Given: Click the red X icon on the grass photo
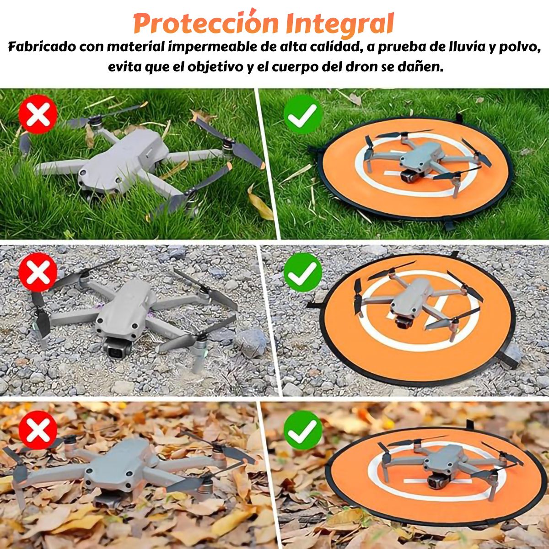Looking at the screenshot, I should tap(38, 114).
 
